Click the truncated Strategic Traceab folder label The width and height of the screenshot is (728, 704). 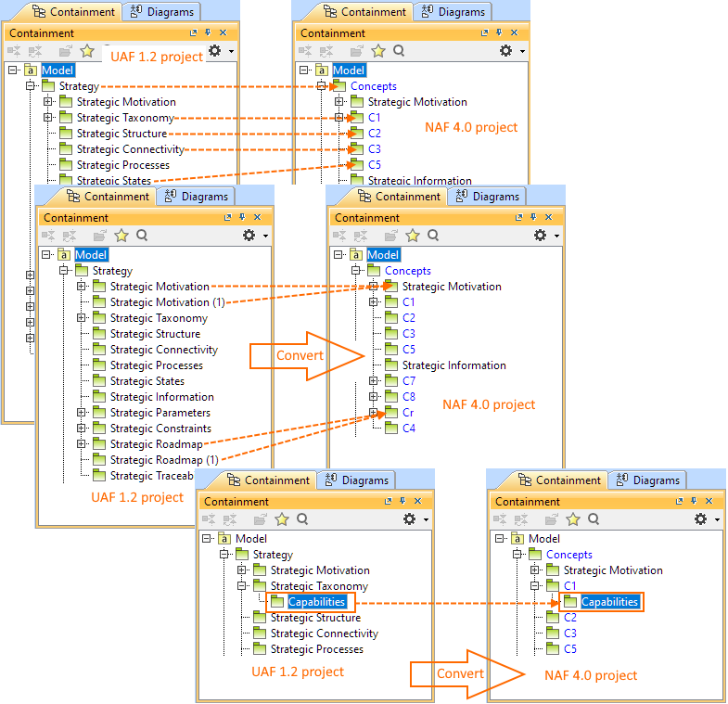154,476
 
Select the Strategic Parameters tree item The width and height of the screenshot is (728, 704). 160,413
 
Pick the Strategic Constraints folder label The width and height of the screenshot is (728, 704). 160,429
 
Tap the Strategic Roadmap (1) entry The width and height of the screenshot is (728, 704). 164,460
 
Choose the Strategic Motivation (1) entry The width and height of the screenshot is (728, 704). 167,302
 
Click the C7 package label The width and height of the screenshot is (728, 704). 409,381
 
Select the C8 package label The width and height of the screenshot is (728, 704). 409,397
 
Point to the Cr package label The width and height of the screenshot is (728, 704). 408,413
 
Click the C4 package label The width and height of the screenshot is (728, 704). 409,429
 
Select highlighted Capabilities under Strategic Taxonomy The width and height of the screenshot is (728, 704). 316,602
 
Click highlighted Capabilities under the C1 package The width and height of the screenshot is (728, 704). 609,602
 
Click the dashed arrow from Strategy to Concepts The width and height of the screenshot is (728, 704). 213,86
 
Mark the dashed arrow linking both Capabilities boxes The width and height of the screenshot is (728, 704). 454,603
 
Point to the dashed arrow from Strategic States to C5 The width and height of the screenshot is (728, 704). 250,173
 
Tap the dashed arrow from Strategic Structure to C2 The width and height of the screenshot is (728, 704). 260,134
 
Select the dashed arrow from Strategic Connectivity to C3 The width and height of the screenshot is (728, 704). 269,148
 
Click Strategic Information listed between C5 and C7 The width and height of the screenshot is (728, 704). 453,365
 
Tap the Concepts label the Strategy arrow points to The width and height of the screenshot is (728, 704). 374,86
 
